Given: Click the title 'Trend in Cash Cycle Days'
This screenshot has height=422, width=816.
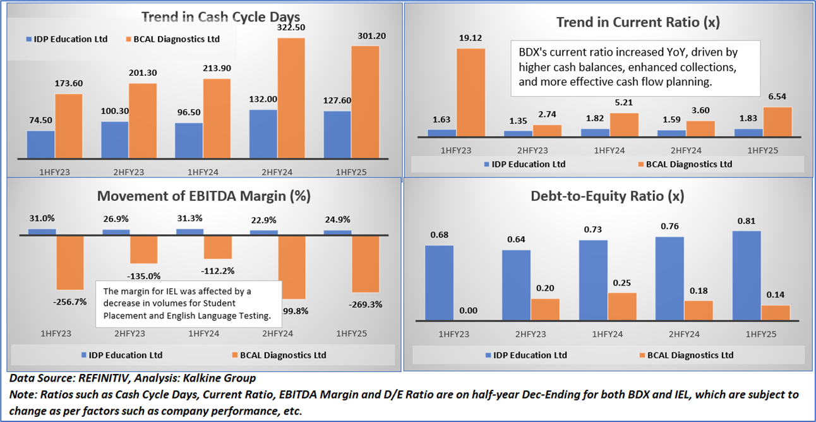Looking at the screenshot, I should [x=220, y=16].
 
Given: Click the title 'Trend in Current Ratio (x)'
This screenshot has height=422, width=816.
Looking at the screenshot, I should [x=638, y=23].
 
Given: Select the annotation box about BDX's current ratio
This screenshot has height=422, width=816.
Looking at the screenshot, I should [x=635, y=68].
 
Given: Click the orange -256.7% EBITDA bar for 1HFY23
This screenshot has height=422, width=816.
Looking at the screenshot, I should [x=70, y=262].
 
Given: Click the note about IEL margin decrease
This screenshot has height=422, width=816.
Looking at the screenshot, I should [x=188, y=303].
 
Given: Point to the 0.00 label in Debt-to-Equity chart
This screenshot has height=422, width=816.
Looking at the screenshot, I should [x=468, y=310].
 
